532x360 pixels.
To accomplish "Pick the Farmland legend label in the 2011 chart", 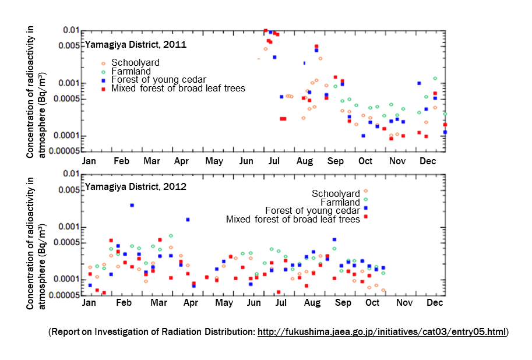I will pos(131,71).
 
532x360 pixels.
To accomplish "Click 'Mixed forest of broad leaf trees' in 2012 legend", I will pos(293,219).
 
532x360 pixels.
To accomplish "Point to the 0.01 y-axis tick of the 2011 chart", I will pos(71,30).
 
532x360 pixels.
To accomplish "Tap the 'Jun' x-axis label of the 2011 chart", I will pos(246,161).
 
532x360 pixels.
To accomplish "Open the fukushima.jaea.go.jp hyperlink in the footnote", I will pos(382,331).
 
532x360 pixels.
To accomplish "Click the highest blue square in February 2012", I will pos(132,205).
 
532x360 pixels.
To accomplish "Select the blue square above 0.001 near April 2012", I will pos(188,220).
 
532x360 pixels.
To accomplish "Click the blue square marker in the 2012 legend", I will pos(365,208).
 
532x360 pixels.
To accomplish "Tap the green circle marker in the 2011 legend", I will pos(103,71).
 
